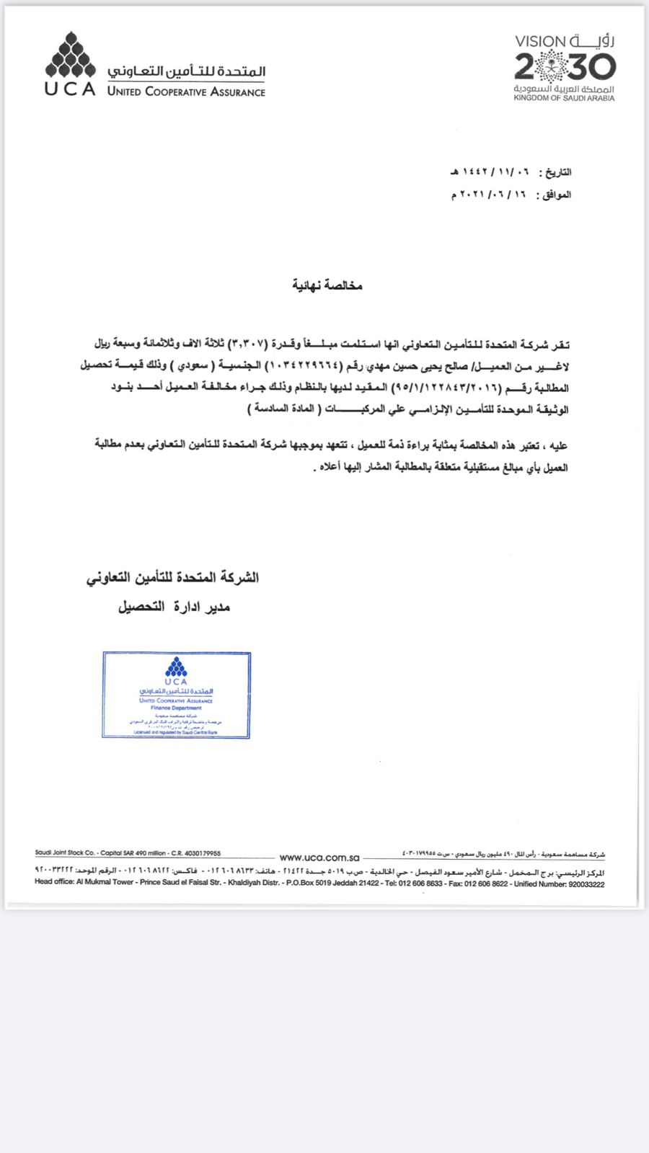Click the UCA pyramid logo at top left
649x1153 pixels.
tap(71, 55)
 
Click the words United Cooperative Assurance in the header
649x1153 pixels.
tap(186, 92)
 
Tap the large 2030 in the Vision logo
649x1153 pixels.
tap(565, 68)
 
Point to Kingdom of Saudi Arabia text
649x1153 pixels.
tap(564, 98)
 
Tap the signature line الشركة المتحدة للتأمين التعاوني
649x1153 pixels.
tap(173, 577)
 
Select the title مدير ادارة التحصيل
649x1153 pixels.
tap(174, 607)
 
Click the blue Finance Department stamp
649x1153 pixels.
tap(177, 695)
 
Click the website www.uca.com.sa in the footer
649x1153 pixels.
tap(319, 858)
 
